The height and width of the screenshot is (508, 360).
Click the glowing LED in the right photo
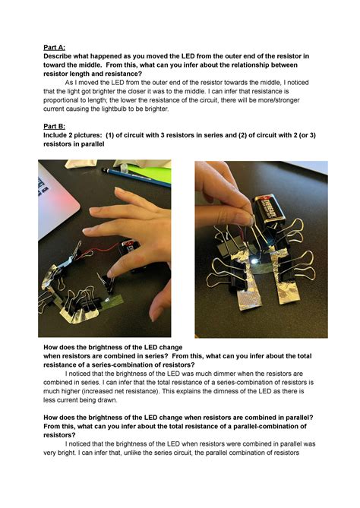tap(254, 260)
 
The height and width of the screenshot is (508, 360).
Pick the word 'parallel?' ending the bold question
tap(298, 418)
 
